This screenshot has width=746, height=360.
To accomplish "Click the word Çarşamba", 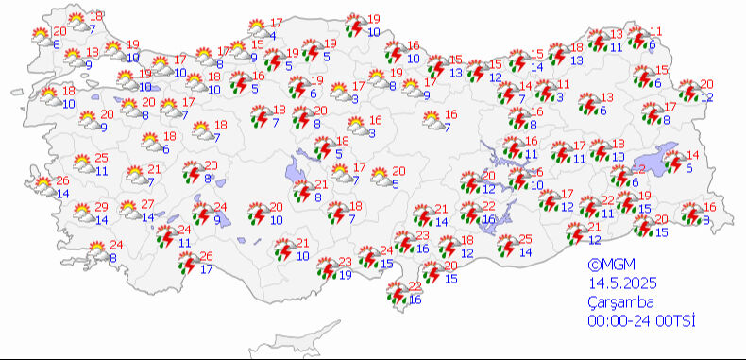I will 615,300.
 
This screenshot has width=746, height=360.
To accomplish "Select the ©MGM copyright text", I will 609,266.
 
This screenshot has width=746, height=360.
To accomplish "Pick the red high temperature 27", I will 148,205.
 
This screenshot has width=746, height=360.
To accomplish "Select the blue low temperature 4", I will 272,35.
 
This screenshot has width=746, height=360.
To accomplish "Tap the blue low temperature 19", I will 345,275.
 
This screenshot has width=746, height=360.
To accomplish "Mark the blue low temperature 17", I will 207,269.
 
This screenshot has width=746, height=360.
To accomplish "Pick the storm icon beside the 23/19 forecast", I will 324,268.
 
